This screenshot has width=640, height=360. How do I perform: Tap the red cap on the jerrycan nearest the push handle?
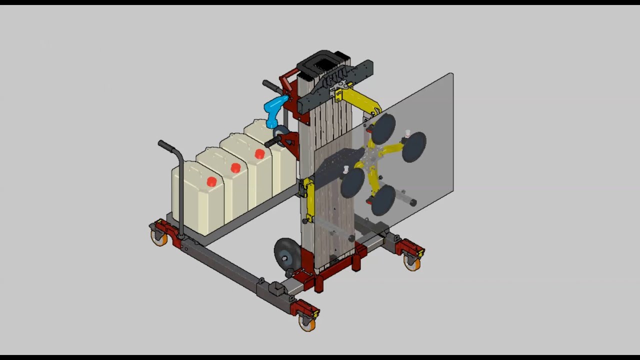[x=211, y=182]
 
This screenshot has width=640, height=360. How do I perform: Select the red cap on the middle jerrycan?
[x=235, y=168]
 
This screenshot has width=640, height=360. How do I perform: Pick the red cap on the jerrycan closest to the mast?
[x=259, y=154]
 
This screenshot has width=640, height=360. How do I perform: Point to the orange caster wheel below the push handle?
[x=158, y=238]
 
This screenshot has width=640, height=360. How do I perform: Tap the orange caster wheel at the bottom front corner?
[x=307, y=323]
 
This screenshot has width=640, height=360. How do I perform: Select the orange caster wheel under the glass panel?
[x=412, y=263]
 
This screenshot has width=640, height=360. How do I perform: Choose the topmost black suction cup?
[x=383, y=128]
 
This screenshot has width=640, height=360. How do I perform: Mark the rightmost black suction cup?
[x=414, y=146]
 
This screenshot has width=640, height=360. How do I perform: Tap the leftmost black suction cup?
[x=352, y=182]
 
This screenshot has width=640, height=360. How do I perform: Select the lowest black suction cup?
[x=383, y=200]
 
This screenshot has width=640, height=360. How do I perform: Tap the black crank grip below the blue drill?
[x=272, y=142]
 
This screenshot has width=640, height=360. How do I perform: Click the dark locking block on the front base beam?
[x=275, y=288]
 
